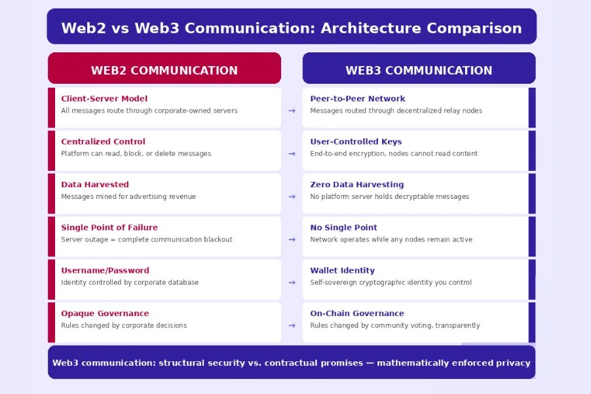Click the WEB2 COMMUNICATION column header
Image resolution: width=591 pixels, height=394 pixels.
coord(164,70)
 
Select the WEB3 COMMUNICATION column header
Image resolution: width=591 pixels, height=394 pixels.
coord(419,70)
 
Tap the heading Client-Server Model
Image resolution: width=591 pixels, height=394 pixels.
coord(104,99)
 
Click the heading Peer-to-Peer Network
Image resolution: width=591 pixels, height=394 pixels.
coord(358,99)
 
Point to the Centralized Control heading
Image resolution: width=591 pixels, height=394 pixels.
coord(103,141)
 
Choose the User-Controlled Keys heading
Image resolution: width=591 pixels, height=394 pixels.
coord(356,141)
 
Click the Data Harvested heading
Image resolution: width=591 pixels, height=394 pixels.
coord(95,185)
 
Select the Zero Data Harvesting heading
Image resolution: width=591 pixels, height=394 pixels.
coord(357,185)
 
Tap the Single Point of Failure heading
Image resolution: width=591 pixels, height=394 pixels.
coord(109,228)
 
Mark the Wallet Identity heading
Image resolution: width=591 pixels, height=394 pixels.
coord(342,270)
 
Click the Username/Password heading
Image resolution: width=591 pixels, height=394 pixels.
coord(105,270)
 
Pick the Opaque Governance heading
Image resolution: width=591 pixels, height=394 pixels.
coord(105,313)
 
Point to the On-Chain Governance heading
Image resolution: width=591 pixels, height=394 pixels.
coord(357,313)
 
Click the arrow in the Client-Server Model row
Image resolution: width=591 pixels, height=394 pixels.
coord(292,111)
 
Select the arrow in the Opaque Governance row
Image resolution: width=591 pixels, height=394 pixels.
coord(292,325)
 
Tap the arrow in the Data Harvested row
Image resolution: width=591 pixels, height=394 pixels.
coord(292,196)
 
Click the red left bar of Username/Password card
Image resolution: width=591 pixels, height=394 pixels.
coord(51,279)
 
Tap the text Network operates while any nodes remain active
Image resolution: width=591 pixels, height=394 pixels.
coord(391,240)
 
